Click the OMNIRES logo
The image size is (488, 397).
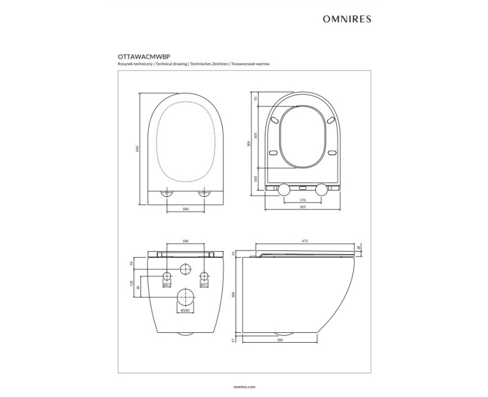[346, 18]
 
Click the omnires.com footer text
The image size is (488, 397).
[244, 387]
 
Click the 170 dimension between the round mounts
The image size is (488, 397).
[302, 200]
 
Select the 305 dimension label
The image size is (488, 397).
[257, 135]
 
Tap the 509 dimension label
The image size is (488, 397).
[249, 144]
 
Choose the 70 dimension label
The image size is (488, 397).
[257, 98]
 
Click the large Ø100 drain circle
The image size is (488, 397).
[185, 297]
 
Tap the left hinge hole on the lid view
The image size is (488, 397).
[165, 193]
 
